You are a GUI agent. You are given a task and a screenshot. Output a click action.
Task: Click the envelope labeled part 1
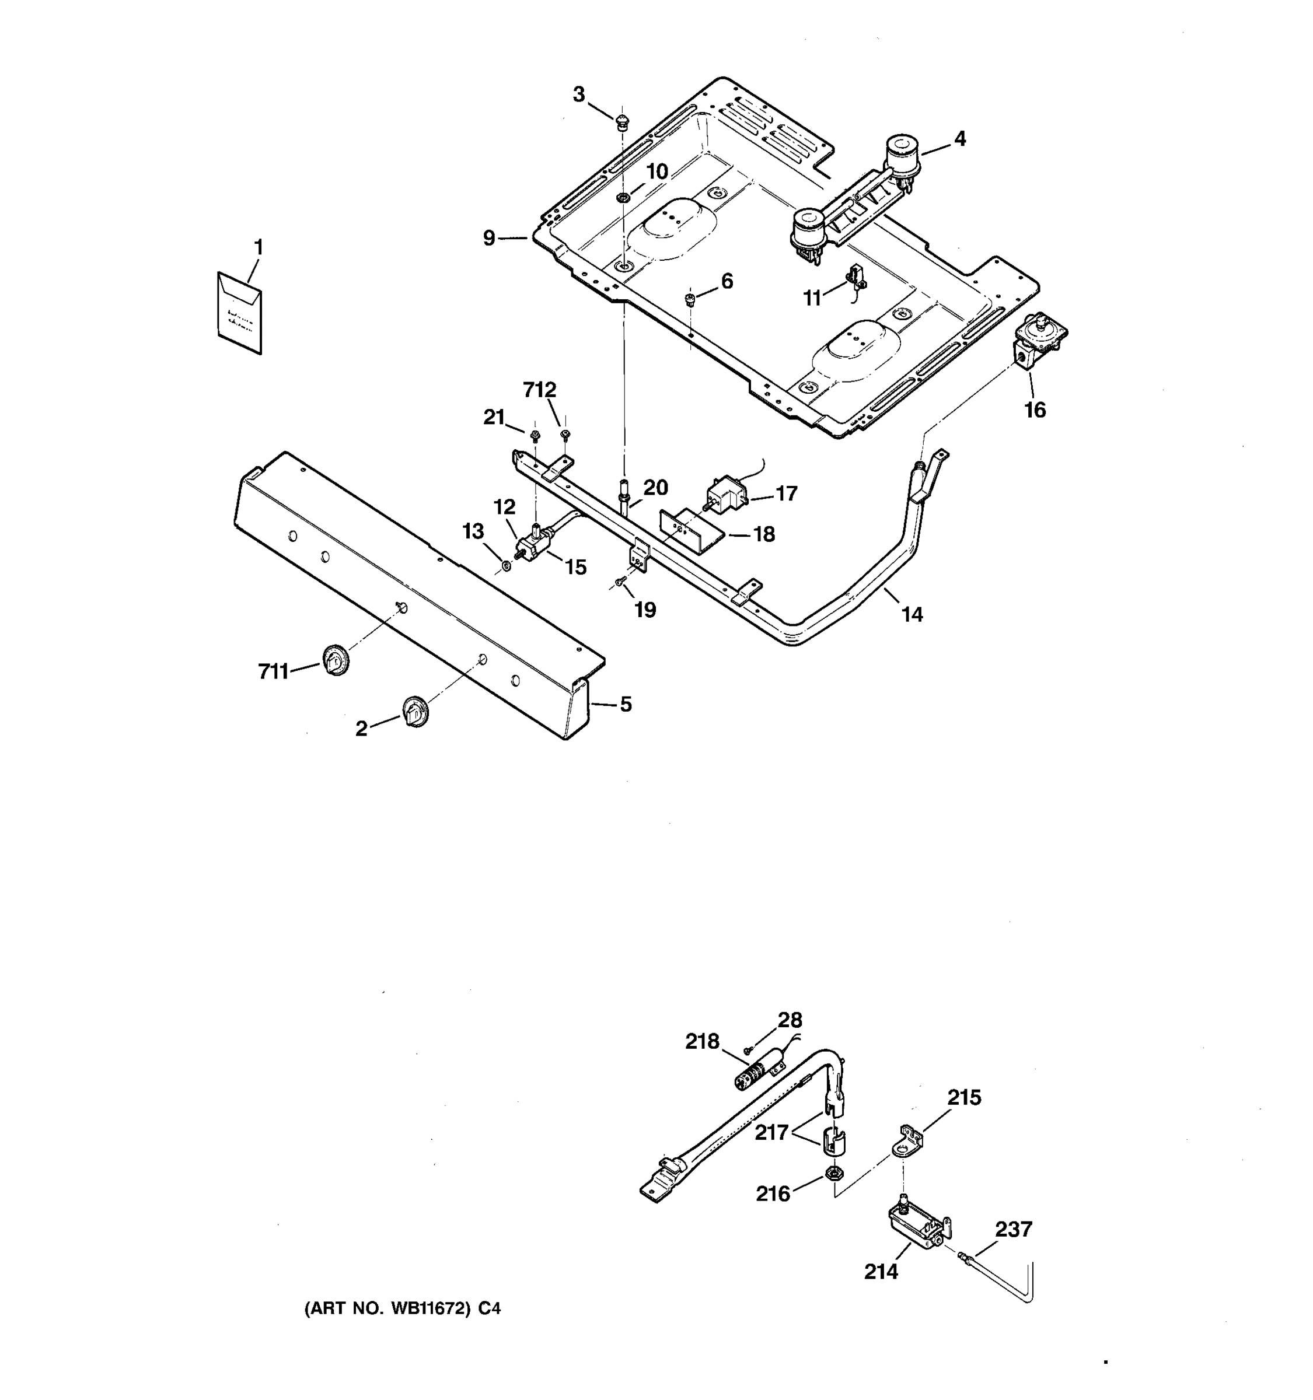[x=239, y=313]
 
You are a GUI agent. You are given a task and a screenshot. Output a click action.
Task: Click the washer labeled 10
[x=623, y=197]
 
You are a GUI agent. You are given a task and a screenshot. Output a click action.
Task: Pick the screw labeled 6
[x=690, y=300]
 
